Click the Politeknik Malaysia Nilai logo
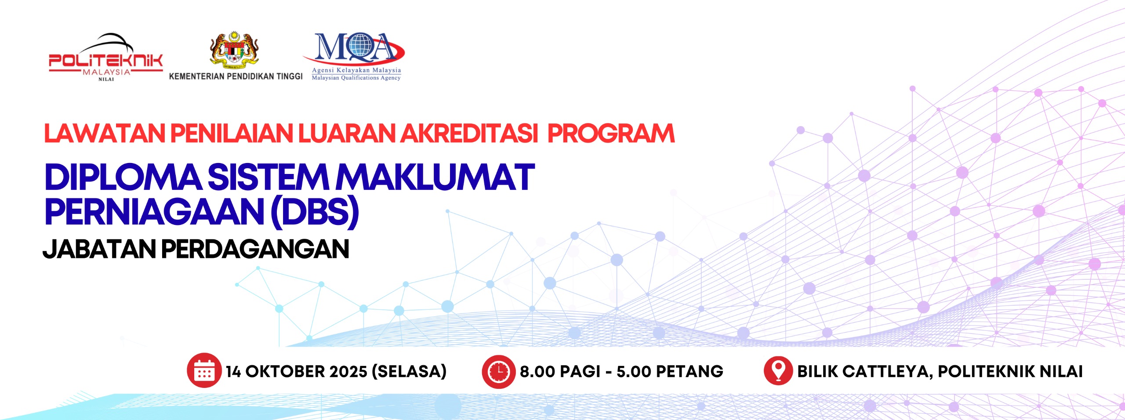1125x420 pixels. click(x=105, y=57)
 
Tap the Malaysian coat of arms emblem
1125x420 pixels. click(x=234, y=50)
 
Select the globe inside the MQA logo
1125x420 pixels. click(x=359, y=47)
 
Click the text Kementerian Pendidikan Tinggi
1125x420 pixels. click(x=236, y=76)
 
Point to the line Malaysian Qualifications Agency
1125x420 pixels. click(x=356, y=78)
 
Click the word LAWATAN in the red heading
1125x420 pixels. click(x=105, y=134)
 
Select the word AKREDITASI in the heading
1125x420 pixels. click(x=469, y=134)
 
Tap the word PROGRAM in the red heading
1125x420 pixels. click(x=611, y=134)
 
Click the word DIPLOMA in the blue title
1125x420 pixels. click(x=123, y=177)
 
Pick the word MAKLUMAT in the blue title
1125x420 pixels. click(x=435, y=177)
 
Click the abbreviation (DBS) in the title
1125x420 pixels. click(x=315, y=212)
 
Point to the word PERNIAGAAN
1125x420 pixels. click(x=154, y=212)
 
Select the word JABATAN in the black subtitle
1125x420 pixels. click(x=99, y=249)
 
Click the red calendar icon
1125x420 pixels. click(x=204, y=370)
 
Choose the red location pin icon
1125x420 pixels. click(x=778, y=370)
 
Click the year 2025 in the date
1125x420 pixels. click(x=348, y=372)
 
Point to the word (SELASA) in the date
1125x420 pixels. click(x=409, y=372)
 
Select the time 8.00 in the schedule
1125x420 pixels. click(x=537, y=372)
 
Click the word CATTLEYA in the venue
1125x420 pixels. click(x=888, y=372)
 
